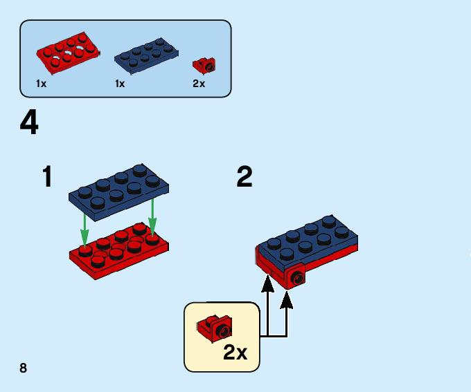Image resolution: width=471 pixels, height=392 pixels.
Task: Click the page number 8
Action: coord(24,367)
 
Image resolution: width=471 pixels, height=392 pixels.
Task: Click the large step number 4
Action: coord(29,124)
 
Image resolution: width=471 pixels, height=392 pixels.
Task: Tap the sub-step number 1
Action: coord(47,177)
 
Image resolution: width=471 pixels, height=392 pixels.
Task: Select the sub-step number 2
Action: coord(244,177)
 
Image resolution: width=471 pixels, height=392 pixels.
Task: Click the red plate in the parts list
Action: coord(67,55)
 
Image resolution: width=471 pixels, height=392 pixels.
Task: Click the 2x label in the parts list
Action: coord(199,84)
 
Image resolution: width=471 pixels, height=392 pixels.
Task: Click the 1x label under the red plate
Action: coord(42,84)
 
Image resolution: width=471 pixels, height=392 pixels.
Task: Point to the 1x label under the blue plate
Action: coord(120,84)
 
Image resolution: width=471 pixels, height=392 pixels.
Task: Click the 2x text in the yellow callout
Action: coord(235,353)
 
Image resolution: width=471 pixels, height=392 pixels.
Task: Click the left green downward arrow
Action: coord(85,229)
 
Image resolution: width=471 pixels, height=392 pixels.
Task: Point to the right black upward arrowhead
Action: coord(287,300)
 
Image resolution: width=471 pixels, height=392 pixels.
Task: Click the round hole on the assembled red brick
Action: coord(298,279)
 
